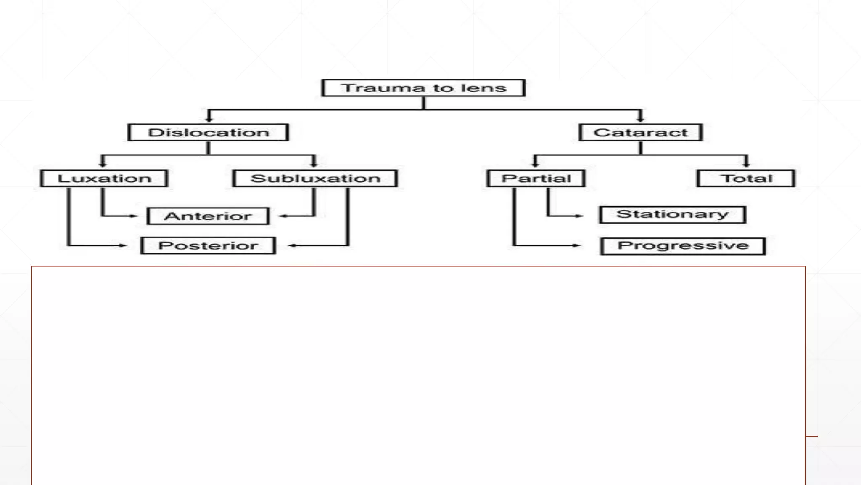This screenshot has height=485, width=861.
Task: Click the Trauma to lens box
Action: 423,88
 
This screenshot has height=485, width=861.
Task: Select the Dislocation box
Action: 208,133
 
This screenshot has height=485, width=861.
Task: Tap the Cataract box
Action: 640,133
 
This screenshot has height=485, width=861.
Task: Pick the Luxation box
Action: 104,179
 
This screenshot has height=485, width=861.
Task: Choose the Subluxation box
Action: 315,179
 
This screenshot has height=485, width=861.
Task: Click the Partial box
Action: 536,179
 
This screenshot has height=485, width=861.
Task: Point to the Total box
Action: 746,179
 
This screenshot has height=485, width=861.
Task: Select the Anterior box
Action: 208,216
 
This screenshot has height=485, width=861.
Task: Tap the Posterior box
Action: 208,245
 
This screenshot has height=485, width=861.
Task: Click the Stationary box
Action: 672,215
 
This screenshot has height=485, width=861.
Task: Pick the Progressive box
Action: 683,246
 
